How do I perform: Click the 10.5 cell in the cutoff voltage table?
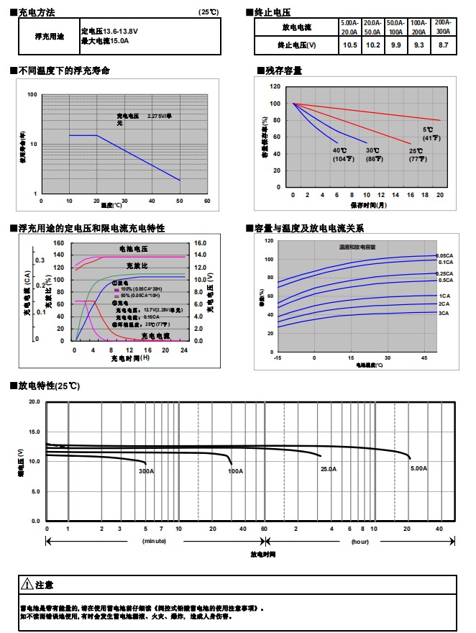coord(349,45)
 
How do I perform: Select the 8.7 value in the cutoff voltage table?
coord(443,45)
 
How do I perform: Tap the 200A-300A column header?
coord(443,27)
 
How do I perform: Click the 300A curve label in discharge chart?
coord(147,471)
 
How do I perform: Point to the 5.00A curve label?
coord(419,468)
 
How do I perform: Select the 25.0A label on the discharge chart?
coord(329,469)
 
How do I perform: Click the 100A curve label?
coord(235,471)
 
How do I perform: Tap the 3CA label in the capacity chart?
coord(444,313)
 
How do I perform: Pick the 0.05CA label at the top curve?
coord(445,255)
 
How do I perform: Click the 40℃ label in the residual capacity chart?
coord(339,150)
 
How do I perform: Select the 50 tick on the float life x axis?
coord(179,201)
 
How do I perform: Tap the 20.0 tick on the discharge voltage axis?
coord(34,402)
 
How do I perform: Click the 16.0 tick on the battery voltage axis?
coord(200,244)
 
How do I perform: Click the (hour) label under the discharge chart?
coord(360,540)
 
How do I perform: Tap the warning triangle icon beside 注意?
coord(27,584)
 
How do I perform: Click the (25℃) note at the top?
coord(209,13)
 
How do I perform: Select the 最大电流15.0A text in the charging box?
coord(105,41)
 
